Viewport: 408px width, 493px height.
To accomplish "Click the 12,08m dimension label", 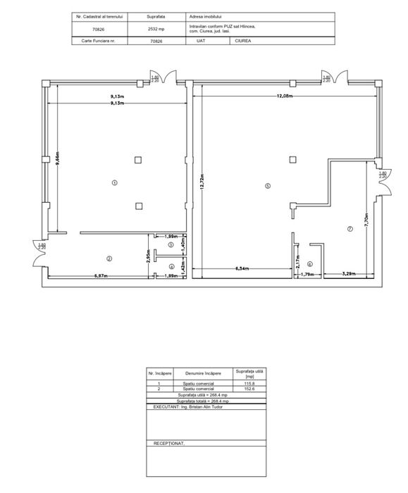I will [x=285, y=95].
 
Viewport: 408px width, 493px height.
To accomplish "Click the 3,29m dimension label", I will [x=348, y=273].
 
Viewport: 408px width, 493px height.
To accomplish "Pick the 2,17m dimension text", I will [x=296, y=261].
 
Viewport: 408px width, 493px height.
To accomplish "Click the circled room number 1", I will [x=115, y=182].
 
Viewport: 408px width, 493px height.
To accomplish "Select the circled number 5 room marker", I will [x=267, y=186].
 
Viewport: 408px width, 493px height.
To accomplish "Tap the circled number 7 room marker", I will [x=349, y=230].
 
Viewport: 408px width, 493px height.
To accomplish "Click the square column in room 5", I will [x=292, y=159].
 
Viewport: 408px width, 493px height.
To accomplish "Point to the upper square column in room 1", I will [x=139, y=159].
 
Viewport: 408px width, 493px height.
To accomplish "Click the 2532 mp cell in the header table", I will [x=156, y=29].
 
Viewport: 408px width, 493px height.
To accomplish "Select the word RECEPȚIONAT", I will [x=168, y=444].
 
